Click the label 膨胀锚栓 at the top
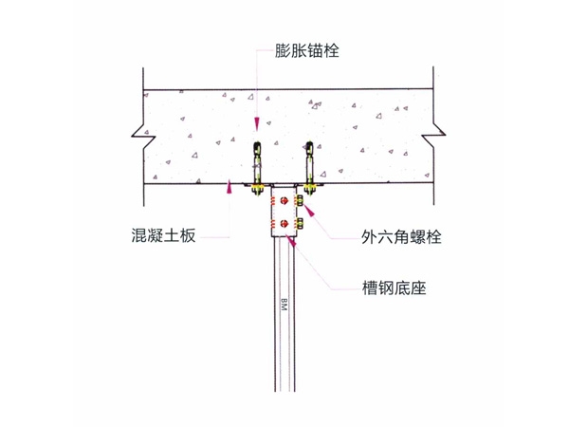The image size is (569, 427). coord(307,51)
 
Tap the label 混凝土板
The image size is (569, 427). coord(164,235)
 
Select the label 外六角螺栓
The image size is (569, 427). coord(401,237)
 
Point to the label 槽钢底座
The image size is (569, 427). coord(394,288)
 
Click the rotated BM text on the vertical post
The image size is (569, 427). coord(284,305)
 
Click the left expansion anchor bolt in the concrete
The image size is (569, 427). coord(257,162)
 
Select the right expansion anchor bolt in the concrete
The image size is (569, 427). coord(309,162)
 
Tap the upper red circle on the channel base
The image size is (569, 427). coord(284,200)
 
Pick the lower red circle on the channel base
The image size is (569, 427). coord(284,224)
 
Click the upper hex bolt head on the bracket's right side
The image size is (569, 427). coord(301,200)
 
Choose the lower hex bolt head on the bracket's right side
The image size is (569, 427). coord(301,223)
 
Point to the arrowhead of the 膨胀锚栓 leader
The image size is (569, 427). coord(257,124)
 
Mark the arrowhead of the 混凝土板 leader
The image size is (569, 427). coord(229,186)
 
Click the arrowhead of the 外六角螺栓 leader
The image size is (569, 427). coord(310,211)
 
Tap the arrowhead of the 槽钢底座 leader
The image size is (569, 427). coord(292,241)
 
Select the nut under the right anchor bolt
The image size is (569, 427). coord(309,189)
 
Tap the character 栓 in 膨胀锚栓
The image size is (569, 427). coord(332,51)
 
